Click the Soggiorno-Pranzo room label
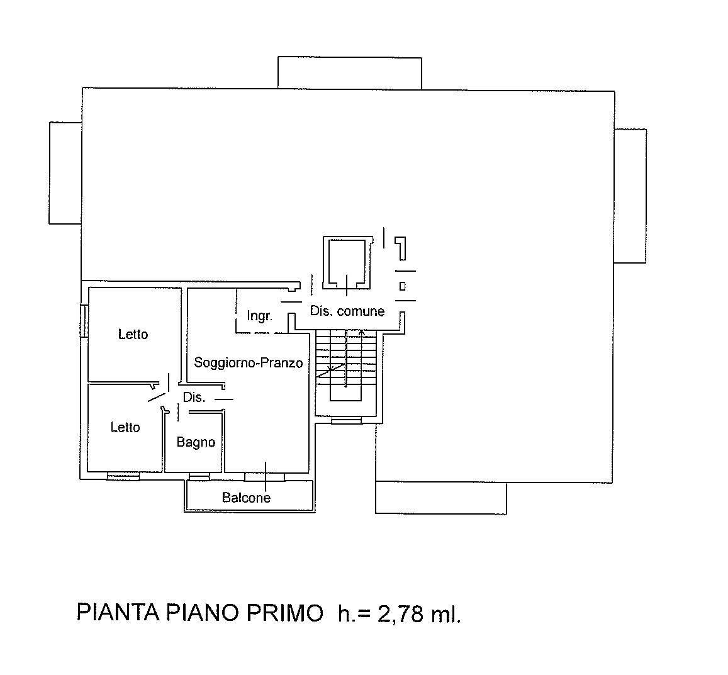[249, 362]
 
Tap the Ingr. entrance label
[259, 316]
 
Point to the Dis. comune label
[347, 311]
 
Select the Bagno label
[196, 442]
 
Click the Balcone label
[246, 498]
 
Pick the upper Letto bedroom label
[133, 334]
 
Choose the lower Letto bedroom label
[125, 427]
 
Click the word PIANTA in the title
[118, 613]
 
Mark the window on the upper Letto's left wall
[84, 320]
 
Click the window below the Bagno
[199, 476]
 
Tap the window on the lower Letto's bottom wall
[123, 476]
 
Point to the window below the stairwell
[346, 421]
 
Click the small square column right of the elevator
[403, 286]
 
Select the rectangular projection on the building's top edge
[350, 73]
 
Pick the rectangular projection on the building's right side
[630, 196]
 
